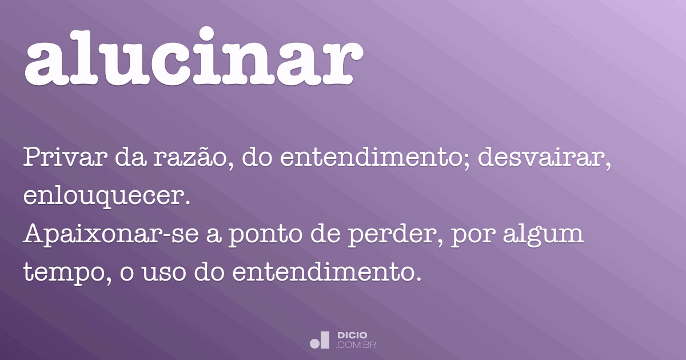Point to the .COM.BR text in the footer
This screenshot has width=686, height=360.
(356, 345)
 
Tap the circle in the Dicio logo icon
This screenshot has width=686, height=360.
(314, 343)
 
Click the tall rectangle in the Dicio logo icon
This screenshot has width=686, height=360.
(325, 340)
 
